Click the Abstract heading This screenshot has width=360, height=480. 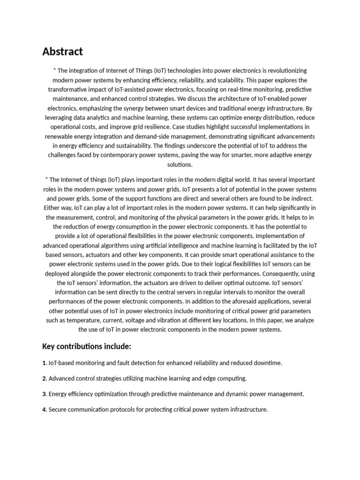[62, 52]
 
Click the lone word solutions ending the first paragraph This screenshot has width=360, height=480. [180, 165]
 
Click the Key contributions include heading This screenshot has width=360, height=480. [86, 346]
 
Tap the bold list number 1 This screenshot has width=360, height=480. [44, 363]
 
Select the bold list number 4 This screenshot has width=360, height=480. [44, 410]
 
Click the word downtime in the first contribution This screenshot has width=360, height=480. [269, 363]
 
